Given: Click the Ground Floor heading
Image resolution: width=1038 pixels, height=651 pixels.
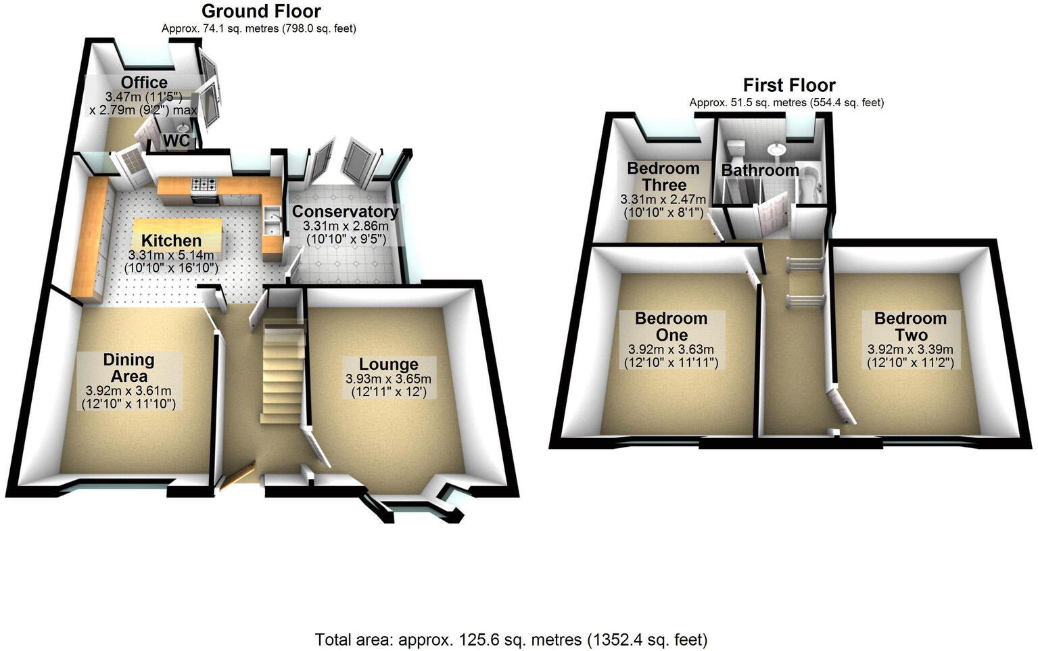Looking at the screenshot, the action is pyautogui.click(x=261, y=11).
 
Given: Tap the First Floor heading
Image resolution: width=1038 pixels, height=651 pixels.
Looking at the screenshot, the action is pyautogui.click(x=789, y=85).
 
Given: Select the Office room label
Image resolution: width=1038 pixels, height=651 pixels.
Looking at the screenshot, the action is pyautogui.click(x=144, y=83).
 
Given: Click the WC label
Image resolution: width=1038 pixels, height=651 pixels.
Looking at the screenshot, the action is pyautogui.click(x=177, y=141).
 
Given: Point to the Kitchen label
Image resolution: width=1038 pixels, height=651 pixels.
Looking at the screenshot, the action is pyautogui.click(x=171, y=241).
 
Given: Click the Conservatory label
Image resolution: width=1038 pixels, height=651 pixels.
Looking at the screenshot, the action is pyautogui.click(x=345, y=212).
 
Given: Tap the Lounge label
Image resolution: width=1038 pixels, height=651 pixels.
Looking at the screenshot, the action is pyautogui.click(x=388, y=364).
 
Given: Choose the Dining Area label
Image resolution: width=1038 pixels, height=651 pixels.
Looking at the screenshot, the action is pyautogui.click(x=128, y=368).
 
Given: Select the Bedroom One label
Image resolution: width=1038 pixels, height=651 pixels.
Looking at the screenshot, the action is pyautogui.click(x=671, y=326).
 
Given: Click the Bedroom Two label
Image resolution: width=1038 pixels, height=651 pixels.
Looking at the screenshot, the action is pyautogui.click(x=910, y=326).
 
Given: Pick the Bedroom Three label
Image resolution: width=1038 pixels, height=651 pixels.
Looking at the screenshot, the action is pyautogui.click(x=663, y=176).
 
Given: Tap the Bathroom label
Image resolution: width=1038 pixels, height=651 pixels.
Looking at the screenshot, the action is pyautogui.click(x=760, y=170).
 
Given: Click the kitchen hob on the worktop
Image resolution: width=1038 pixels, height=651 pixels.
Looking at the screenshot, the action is pyautogui.click(x=204, y=184).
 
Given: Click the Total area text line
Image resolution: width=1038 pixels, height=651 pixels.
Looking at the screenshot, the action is pyautogui.click(x=511, y=639).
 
